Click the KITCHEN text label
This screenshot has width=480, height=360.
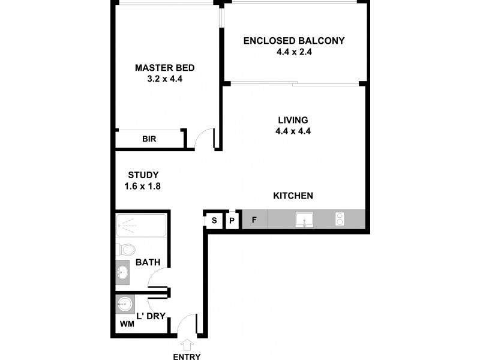(293, 196)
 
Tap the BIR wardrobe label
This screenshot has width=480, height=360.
(149, 139)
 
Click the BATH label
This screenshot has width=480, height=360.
(147, 262)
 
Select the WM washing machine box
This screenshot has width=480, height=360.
(127, 324)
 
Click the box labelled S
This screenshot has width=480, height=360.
(214, 220)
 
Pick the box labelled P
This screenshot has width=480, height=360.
(233, 220)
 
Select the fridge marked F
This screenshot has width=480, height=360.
(254, 220)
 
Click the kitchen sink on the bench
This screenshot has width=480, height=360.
(305, 220)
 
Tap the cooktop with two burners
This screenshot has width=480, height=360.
(341, 220)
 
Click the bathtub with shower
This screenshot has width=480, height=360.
(141, 226)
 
